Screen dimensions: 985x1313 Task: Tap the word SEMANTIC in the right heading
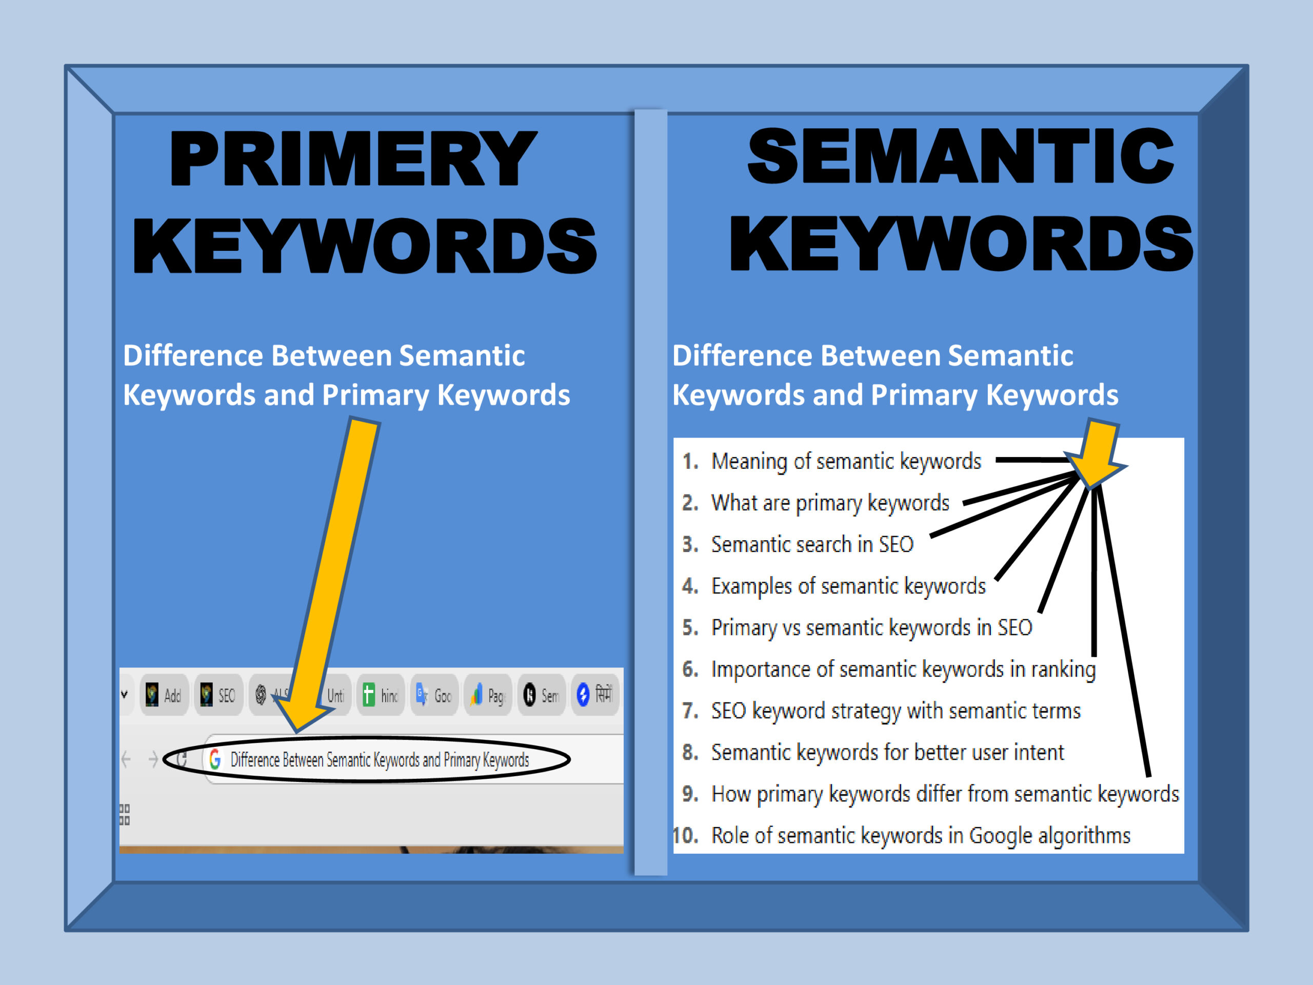pos(960,156)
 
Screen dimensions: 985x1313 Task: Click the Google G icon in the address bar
pos(215,759)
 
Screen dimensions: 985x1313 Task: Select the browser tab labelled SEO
pos(218,695)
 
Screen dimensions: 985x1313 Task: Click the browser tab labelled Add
pos(165,695)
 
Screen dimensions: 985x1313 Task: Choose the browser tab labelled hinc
pos(381,695)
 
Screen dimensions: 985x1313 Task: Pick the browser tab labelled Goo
pos(434,695)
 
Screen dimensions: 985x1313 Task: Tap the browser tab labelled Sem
pos(541,695)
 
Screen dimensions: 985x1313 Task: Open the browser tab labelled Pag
pos(488,695)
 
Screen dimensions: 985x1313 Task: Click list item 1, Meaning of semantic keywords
pos(846,461)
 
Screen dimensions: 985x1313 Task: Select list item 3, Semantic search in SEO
pos(811,544)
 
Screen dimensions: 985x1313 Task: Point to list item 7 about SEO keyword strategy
pos(895,711)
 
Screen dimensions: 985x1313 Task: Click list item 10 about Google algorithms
pos(920,835)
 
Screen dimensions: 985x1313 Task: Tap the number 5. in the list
pos(689,627)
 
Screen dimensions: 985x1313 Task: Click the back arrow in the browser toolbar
pos(126,759)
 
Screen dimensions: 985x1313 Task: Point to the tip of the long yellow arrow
pos(297,729)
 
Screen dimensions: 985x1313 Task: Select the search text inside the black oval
pos(380,759)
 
